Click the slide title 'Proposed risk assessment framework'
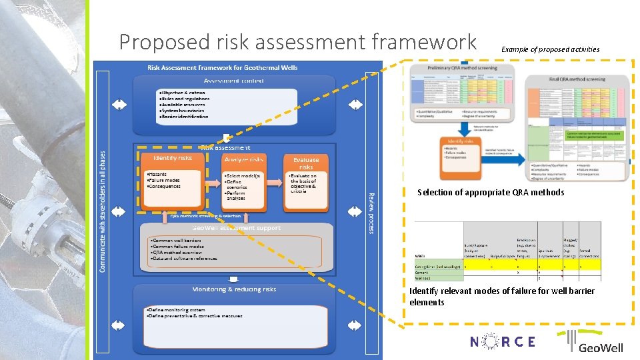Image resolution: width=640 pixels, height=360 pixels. pos(297,42)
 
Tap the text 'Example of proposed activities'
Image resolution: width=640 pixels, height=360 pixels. pos(550,49)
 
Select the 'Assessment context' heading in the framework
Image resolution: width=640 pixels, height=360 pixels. pos(233,81)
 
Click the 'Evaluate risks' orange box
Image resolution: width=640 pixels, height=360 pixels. pos(305,163)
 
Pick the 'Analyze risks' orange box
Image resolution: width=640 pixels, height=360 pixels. pos(244,159)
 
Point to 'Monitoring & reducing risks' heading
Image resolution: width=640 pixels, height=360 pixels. pos(233,289)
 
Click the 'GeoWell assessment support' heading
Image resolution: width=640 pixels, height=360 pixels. pos(237,228)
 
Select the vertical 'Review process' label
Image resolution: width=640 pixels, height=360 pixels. pos(371,213)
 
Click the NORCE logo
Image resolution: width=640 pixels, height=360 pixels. pos(502,341)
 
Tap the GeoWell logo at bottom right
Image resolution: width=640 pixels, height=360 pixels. pos(595,342)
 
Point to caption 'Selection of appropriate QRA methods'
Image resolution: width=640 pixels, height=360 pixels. pos(491,193)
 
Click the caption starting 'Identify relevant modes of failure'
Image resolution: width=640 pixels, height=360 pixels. pos(501,297)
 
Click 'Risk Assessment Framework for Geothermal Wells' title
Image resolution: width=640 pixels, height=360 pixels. pos(222,67)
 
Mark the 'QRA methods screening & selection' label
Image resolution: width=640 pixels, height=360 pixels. pos(205,216)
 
